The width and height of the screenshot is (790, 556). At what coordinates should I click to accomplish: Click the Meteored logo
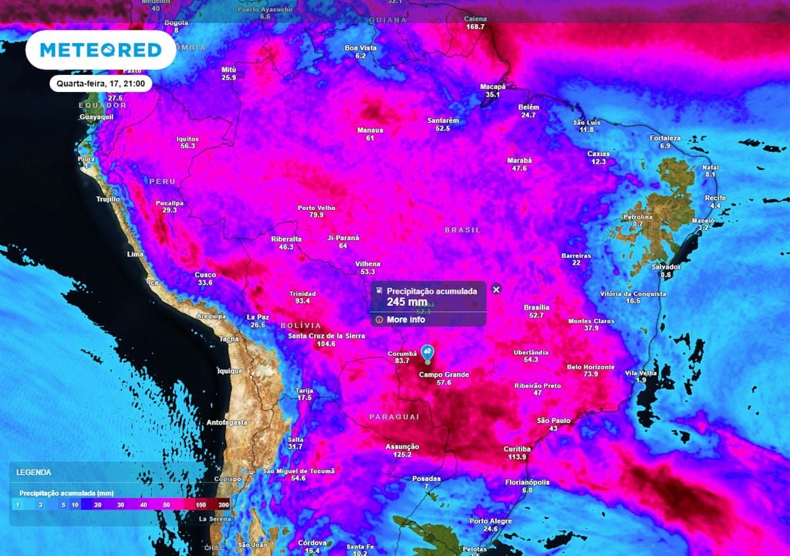100,50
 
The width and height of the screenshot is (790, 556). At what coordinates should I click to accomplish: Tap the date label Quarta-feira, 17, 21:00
101,83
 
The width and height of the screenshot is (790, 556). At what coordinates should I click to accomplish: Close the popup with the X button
496,290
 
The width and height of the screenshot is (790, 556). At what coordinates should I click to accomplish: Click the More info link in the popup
406,320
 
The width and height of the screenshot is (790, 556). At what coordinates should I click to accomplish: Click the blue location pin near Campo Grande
427,354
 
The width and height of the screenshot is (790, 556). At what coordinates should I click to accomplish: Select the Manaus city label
370,131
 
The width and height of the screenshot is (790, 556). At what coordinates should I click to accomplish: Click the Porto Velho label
316,207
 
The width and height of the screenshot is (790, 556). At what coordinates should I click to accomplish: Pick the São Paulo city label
553,420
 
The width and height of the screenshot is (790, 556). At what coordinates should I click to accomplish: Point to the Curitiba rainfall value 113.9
517,457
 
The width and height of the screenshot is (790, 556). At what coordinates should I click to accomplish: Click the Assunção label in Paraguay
402,446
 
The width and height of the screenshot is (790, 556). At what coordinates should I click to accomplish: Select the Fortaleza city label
665,137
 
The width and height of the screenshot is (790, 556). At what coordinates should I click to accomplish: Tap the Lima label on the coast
135,254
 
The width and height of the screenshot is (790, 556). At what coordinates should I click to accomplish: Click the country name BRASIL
463,230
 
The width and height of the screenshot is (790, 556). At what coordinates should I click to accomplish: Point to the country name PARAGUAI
393,417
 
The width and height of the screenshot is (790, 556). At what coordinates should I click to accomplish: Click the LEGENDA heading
34,472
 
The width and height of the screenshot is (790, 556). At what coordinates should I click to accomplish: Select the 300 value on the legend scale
223,504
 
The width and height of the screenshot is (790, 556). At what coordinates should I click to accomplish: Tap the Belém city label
528,107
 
